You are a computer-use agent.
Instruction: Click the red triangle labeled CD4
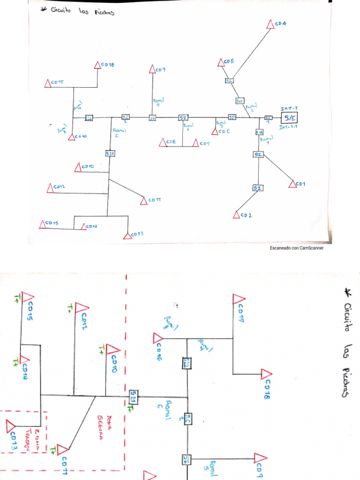[270, 24]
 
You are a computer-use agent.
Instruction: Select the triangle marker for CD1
[293, 185]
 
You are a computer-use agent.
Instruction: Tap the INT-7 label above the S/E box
[289, 109]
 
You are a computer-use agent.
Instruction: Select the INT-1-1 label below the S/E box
[289, 127]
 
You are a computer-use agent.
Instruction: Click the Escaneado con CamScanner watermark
[296, 248]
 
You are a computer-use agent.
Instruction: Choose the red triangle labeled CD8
[163, 142]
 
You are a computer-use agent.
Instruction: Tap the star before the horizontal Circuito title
[45, 10]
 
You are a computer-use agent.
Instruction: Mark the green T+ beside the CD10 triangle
[102, 348]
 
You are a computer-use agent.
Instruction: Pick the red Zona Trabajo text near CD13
[31, 438]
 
